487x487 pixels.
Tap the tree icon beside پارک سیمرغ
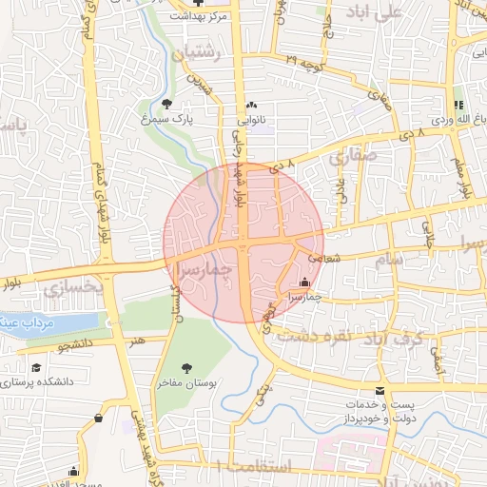(x=167, y=104)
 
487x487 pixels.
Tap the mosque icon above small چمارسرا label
(x=304, y=282)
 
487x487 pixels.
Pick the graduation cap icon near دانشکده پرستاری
(x=37, y=367)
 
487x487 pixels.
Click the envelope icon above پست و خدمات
(x=380, y=391)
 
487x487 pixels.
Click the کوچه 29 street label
(x=304, y=60)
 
